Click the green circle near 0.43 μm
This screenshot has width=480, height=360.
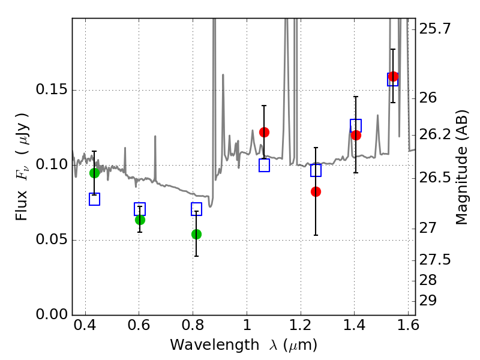click(94, 173)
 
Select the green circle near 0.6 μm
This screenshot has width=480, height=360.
click(140, 220)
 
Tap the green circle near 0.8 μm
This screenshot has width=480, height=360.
click(197, 234)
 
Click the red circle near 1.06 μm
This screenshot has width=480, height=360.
click(264, 132)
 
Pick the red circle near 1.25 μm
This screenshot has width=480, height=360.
click(316, 191)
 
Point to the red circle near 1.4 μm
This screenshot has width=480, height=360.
click(356, 135)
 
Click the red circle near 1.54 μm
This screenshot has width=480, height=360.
click(393, 77)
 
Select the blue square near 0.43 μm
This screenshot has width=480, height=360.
click(94, 199)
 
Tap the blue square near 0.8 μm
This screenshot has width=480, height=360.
click(197, 209)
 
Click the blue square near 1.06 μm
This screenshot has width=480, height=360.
click(264, 166)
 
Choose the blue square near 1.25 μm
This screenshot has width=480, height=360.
click(316, 170)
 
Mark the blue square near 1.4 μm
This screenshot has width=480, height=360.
click(356, 126)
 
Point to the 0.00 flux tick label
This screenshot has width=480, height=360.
click(52, 314)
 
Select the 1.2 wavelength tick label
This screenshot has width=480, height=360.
click(301, 325)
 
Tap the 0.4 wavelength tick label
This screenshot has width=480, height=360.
click(85, 325)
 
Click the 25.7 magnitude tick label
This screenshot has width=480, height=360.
click(435, 29)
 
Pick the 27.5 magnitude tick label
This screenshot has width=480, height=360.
click(435, 260)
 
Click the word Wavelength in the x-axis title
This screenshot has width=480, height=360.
click(215, 346)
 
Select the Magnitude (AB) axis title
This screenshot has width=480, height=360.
click(461, 167)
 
